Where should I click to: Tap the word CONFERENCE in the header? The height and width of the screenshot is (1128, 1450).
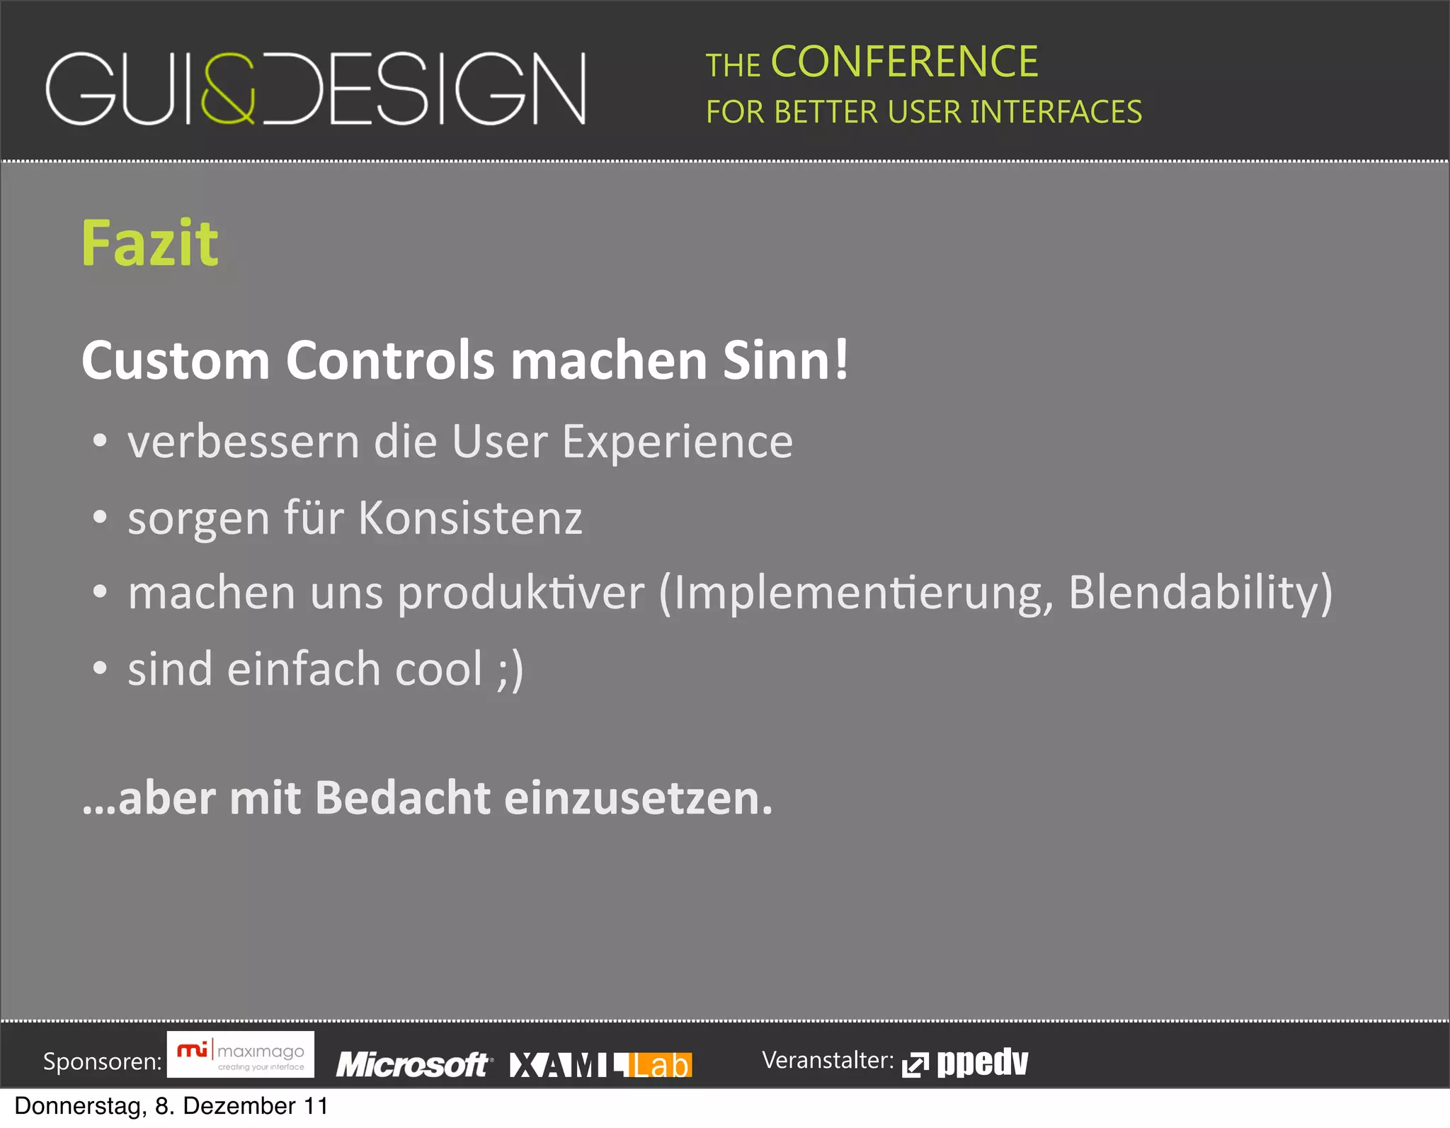coord(904,62)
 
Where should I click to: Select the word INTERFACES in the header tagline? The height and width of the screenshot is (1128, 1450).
coord(1056,112)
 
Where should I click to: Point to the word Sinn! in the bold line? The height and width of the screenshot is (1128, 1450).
coord(785,360)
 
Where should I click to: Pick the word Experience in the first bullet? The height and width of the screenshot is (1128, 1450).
coord(678,442)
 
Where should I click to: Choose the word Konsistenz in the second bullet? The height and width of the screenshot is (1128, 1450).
coord(470,518)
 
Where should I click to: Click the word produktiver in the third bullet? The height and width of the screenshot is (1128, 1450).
coord(521,593)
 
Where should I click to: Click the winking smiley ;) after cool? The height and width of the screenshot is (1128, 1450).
coord(510,669)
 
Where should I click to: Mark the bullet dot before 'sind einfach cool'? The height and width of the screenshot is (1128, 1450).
coord(100,668)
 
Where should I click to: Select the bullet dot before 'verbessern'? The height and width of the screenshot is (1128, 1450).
coord(100,440)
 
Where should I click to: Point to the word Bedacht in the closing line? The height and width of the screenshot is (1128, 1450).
coord(402,798)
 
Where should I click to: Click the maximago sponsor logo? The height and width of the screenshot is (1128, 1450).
coord(241,1054)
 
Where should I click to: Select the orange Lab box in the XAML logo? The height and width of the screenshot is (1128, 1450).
coord(660,1065)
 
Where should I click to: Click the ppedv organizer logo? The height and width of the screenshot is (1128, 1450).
coord(966,1063)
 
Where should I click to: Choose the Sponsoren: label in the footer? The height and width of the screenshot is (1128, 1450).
coord(103,1061)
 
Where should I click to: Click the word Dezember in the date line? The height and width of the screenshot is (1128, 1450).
coord(239,1106)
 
